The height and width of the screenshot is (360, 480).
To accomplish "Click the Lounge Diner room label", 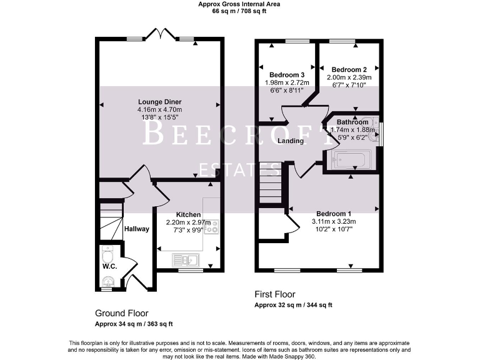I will [160, 102].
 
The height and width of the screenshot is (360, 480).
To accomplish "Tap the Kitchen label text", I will [188, 214].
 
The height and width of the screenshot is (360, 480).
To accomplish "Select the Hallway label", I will [136, 229].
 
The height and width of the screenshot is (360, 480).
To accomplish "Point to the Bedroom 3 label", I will [281, 75].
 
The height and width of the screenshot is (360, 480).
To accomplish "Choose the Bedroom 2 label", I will [348, 69].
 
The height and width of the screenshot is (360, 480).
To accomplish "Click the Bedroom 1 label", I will [334, 213].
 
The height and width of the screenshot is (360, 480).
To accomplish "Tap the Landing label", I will [291, 141].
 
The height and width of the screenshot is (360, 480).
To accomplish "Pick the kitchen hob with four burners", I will [213, 226].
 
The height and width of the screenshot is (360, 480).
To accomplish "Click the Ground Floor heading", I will [122, 312].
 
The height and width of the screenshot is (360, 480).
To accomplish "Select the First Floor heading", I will [275, 294].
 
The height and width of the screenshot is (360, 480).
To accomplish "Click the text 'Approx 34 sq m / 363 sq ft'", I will [134, 324].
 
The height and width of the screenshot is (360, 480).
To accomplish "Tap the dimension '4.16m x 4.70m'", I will [160, 110].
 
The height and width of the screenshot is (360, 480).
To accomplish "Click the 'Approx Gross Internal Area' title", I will [239, 4].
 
